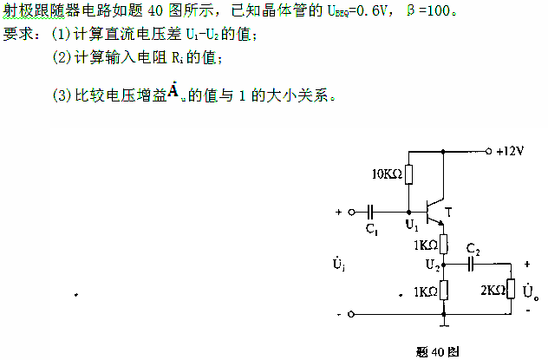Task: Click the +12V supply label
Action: [511, 151]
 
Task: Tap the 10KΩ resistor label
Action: [387, 174]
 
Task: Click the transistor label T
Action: [448, 212]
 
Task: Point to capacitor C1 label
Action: [370, 230]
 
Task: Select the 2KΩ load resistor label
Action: [493, 290]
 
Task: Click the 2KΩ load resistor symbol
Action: [512, 288]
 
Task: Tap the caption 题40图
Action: [430, 350]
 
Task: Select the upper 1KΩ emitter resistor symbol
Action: [444, 244]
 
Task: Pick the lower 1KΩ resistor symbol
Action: [444, 290]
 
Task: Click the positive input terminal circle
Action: [351, 211]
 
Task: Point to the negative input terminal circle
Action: [351, 314]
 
